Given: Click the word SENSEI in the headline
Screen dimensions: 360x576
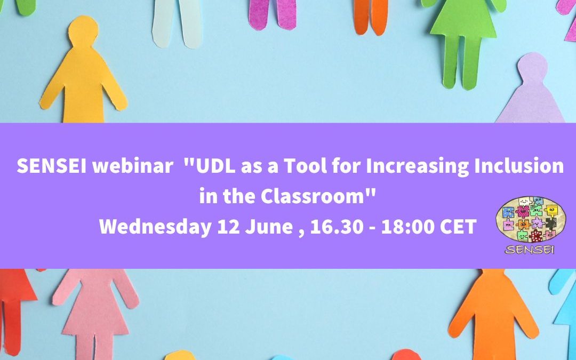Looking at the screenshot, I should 51,166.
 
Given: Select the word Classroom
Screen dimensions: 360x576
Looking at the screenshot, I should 319,196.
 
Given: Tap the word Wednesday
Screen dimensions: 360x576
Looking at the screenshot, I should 155,227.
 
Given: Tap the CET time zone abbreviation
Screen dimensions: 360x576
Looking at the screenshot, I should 458,227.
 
